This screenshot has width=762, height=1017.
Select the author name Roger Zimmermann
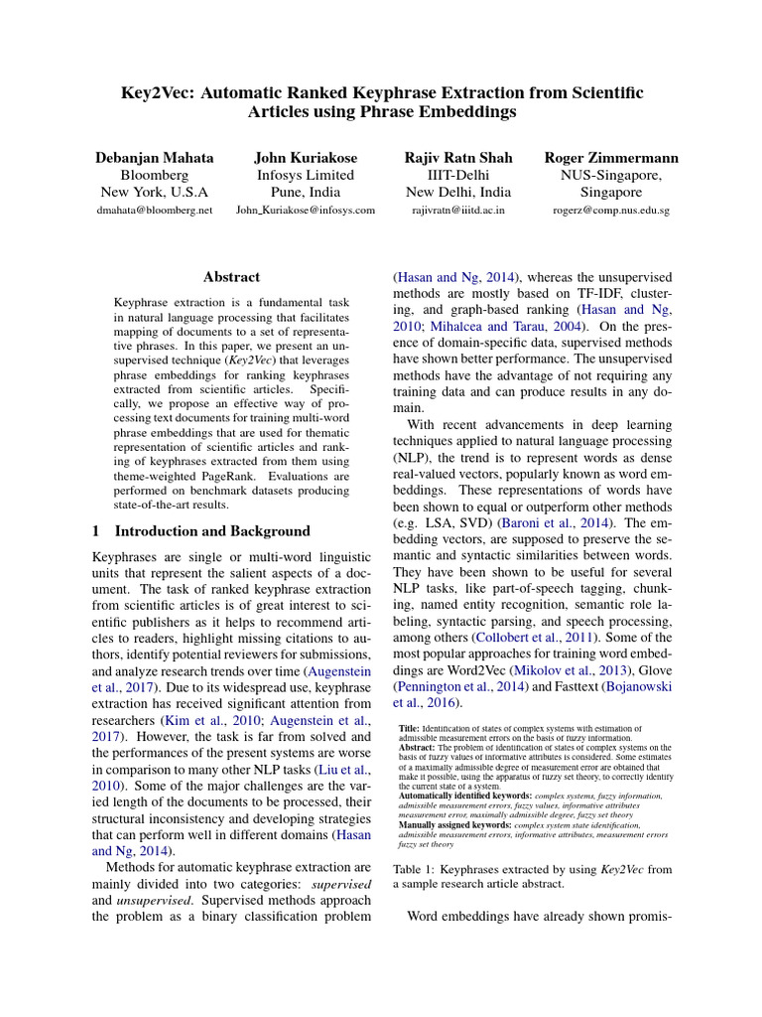(x=611, y=158)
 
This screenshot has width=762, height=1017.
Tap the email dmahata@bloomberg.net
(x=154, y=211)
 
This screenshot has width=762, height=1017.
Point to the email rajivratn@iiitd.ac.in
(x=458, y=211)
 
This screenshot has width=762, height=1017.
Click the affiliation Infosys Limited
(x=306, y=176)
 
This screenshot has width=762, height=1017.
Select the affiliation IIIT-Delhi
(x=458, y=176)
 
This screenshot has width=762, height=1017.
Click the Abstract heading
(x=231, y=277)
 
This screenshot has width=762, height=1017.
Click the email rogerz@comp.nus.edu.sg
(x=611, y=211)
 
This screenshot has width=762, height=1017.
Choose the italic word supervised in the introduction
(x=341, y=882)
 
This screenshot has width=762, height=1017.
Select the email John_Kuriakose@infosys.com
(x=306, y=211)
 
